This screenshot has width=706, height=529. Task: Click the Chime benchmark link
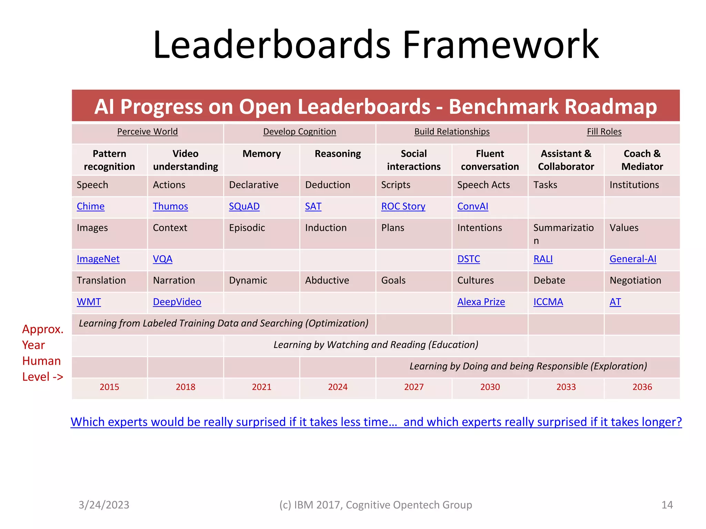(90, 206)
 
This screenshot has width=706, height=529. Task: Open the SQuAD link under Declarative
(244, 206)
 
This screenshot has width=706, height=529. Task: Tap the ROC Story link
(403, 206)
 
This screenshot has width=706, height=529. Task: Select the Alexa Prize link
(481, 302)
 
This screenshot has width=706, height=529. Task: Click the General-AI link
(633, 259)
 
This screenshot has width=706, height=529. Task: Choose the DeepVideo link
(177, 302)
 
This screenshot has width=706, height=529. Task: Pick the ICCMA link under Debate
(548, 302)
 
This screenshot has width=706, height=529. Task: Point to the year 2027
(414, 387)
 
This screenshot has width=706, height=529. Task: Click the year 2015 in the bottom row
(109, 387)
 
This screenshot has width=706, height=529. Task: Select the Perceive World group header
(147, 132)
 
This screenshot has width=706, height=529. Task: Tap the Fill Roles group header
(604, 132)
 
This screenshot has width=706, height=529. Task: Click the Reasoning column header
(337, 154)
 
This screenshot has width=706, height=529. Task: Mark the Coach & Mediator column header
(642, 160)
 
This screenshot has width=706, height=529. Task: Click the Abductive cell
(327, 280)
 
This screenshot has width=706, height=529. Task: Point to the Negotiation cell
(635, 280)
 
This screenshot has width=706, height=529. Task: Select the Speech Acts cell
(483, 185)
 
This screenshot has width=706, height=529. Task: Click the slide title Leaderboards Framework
(376, 45)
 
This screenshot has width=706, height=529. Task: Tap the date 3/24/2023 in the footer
(104, 505)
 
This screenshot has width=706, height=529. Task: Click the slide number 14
(667, 505)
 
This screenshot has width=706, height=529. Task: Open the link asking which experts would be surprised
(376, 422)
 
